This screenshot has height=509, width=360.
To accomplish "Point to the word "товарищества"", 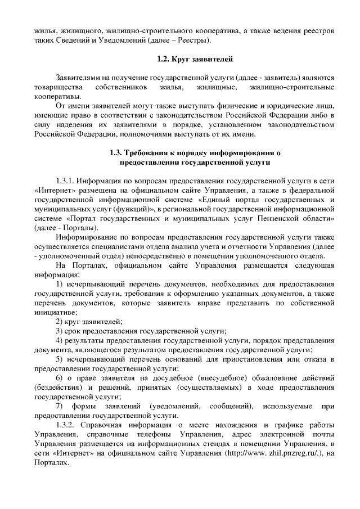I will (57, 88).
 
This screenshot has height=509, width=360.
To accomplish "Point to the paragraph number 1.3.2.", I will (66, 423).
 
